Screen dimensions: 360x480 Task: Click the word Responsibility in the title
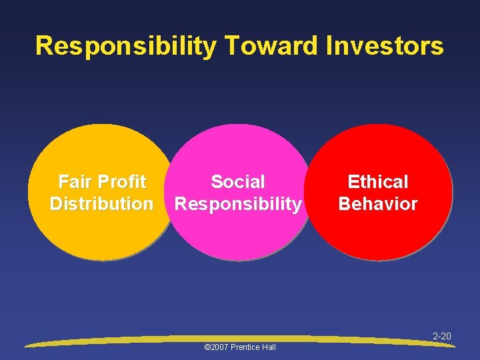tap(125, 46)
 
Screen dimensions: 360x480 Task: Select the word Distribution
tap(101, 204)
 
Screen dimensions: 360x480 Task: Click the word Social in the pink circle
tap(238, 182)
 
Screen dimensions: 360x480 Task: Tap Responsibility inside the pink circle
tap(238, 204)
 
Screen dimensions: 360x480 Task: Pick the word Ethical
tap(378, 182)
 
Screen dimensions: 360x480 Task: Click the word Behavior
tap(378, 204)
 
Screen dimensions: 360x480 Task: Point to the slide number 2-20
tap(442, 337)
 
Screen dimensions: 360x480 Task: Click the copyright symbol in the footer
tap(207, 347)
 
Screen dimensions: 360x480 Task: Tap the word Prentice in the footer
tap(247, 347)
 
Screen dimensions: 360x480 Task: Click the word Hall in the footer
tap(269, 347)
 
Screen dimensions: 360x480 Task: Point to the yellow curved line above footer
tap(133, 341)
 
